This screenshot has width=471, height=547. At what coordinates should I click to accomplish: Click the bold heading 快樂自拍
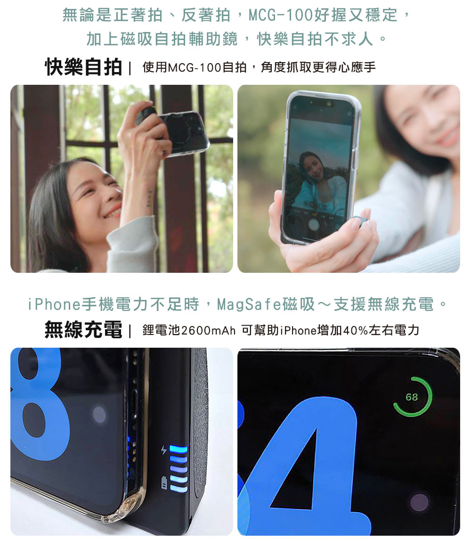click(x=83, y=66)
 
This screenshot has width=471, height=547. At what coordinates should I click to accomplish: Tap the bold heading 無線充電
click(x=83, y=329)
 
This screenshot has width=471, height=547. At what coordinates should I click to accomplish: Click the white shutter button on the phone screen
click(x=314, y=224)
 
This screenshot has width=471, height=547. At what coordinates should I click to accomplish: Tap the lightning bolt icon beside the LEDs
click(x=164, y=449)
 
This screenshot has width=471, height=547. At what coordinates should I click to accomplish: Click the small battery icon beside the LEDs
click(x=164, y=482)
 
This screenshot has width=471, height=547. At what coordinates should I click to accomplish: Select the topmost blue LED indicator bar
click(x=179, y=449)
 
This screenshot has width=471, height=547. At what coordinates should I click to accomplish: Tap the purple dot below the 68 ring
click(x=419, y=503)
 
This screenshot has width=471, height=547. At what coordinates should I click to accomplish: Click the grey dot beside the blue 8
click(x=99, y=415)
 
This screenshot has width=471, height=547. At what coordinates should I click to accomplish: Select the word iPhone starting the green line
click(x=54, y=304)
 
